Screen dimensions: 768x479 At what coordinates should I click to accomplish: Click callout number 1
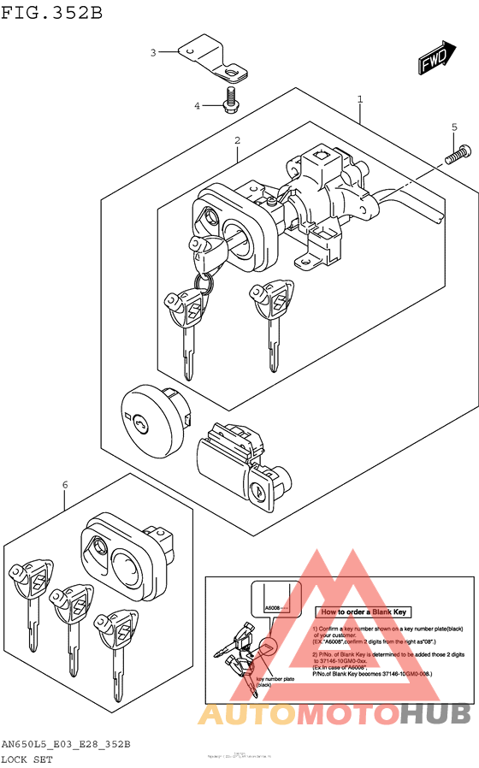pos(360,99)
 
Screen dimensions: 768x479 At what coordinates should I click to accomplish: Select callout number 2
pos(237,140)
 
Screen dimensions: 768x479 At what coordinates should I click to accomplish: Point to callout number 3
pos(154,52)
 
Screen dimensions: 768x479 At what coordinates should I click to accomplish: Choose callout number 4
pos(197,106)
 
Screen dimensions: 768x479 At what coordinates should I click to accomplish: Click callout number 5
pos(455,127)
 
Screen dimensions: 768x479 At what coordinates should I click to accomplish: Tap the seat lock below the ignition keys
pos(245,465)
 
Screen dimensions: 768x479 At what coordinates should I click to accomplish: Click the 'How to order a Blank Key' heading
pos(364,612)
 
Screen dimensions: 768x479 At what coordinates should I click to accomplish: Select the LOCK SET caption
pos(27,759)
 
